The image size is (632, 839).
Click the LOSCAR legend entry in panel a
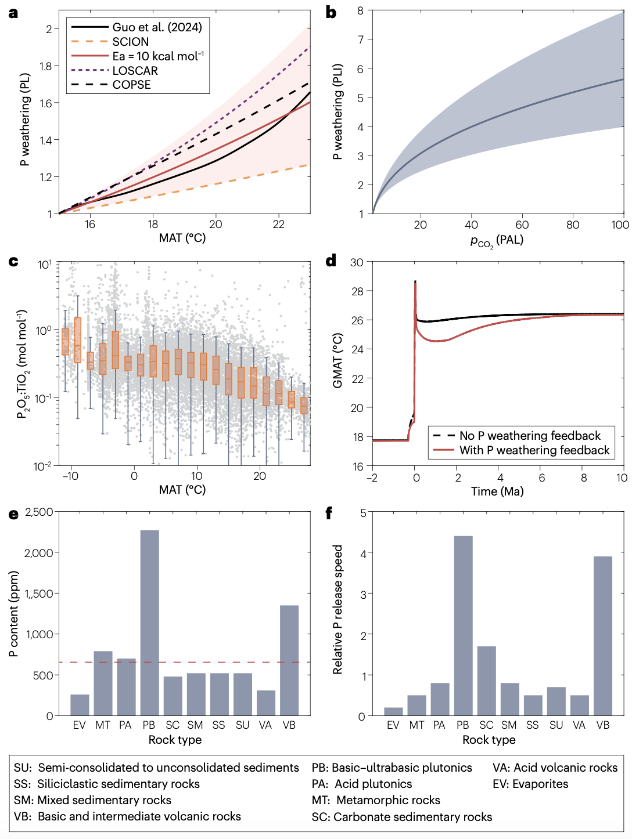coord(135,71)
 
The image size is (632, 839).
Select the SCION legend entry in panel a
coord(130,42)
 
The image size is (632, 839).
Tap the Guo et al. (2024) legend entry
coord(157,27)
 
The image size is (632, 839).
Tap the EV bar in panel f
coord(393,711)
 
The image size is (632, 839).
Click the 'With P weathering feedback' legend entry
coord(534,450)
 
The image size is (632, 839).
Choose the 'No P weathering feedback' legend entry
coord(530,436)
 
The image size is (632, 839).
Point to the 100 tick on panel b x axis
coord(620,225)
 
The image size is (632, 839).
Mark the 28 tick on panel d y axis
coord(357,291)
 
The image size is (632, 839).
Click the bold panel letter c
coord(13,261)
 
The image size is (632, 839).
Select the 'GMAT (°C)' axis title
coord(337,360)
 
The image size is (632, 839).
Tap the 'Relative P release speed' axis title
coord(337,609)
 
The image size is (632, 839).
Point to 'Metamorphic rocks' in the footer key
coord(388,800)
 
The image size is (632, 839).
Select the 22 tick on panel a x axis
coord(278,225)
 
